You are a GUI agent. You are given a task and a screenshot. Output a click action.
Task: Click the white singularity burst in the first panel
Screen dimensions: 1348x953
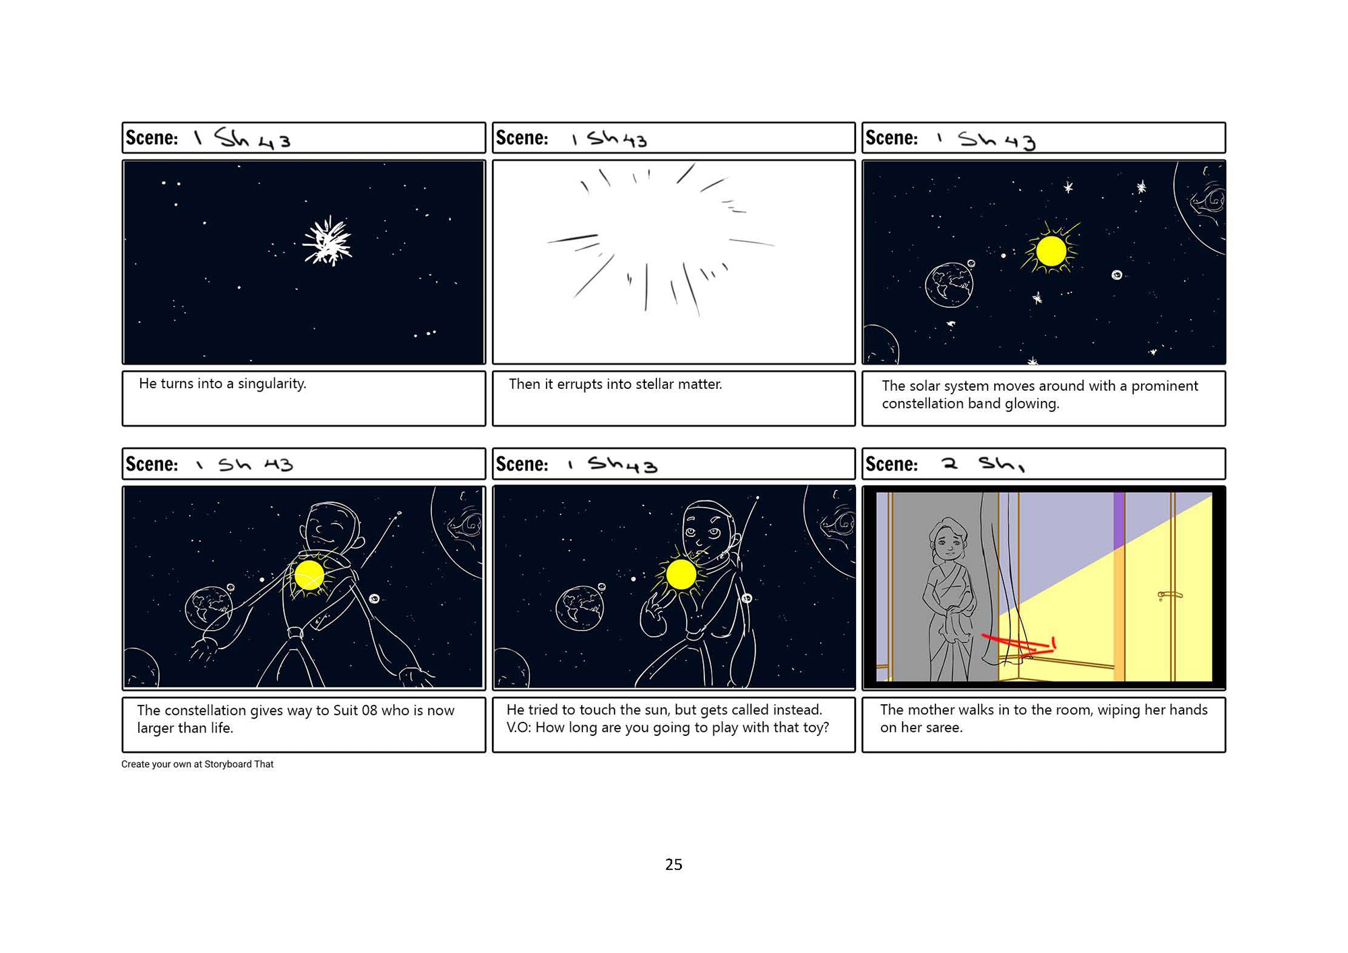coord(328,241)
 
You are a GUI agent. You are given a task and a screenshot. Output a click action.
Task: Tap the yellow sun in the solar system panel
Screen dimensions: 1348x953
coord(1051,251)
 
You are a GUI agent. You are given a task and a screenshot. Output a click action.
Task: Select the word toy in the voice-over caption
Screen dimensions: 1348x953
coord(816,729)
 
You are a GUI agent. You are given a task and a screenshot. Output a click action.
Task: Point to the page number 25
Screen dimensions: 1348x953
coord(673,865)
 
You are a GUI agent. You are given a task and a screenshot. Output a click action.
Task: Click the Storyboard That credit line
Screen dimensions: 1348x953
coord(197,764)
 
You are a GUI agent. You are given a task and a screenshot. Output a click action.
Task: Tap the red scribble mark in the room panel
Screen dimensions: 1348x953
coord(1018,646)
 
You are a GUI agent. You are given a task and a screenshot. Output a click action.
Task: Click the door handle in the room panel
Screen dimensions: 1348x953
coord(1170,595)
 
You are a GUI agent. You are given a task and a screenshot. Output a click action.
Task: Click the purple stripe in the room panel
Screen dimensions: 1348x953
coord(1119,520)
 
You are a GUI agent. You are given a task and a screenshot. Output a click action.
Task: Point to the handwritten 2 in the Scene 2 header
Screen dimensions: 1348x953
coord(950,464)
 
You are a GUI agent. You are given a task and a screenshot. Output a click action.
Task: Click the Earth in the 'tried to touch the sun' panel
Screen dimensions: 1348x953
coord(580,608)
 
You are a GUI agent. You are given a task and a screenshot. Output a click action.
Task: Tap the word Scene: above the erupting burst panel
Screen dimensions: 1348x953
coord(522,138)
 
